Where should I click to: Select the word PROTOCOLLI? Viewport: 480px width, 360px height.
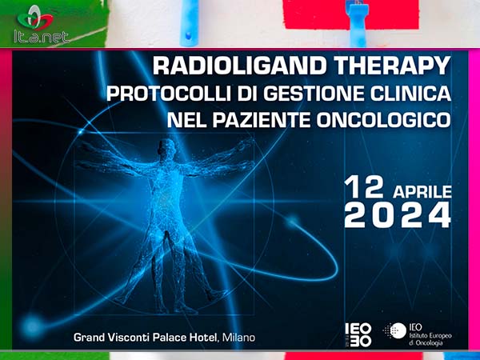tap(168, 94)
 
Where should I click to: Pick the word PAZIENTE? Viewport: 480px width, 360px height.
tap(262, 120)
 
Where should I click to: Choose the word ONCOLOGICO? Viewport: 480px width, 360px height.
tap(383, 120)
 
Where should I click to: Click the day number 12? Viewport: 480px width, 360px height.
tap(364, 187)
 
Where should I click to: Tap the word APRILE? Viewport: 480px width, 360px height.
tap(422, 192)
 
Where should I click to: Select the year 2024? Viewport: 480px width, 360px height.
tap(398, 216)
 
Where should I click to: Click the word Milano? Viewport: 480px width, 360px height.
tap(238, 338)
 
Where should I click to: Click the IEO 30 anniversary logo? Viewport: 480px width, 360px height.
tap(358, 335)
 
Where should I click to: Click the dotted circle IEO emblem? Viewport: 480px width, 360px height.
tap(395, 331)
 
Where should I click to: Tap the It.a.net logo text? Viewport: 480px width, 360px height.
tap(42, 37)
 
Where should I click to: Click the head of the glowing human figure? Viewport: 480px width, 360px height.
tap(167, 147)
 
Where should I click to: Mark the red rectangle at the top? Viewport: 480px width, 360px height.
tap(350, 14)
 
